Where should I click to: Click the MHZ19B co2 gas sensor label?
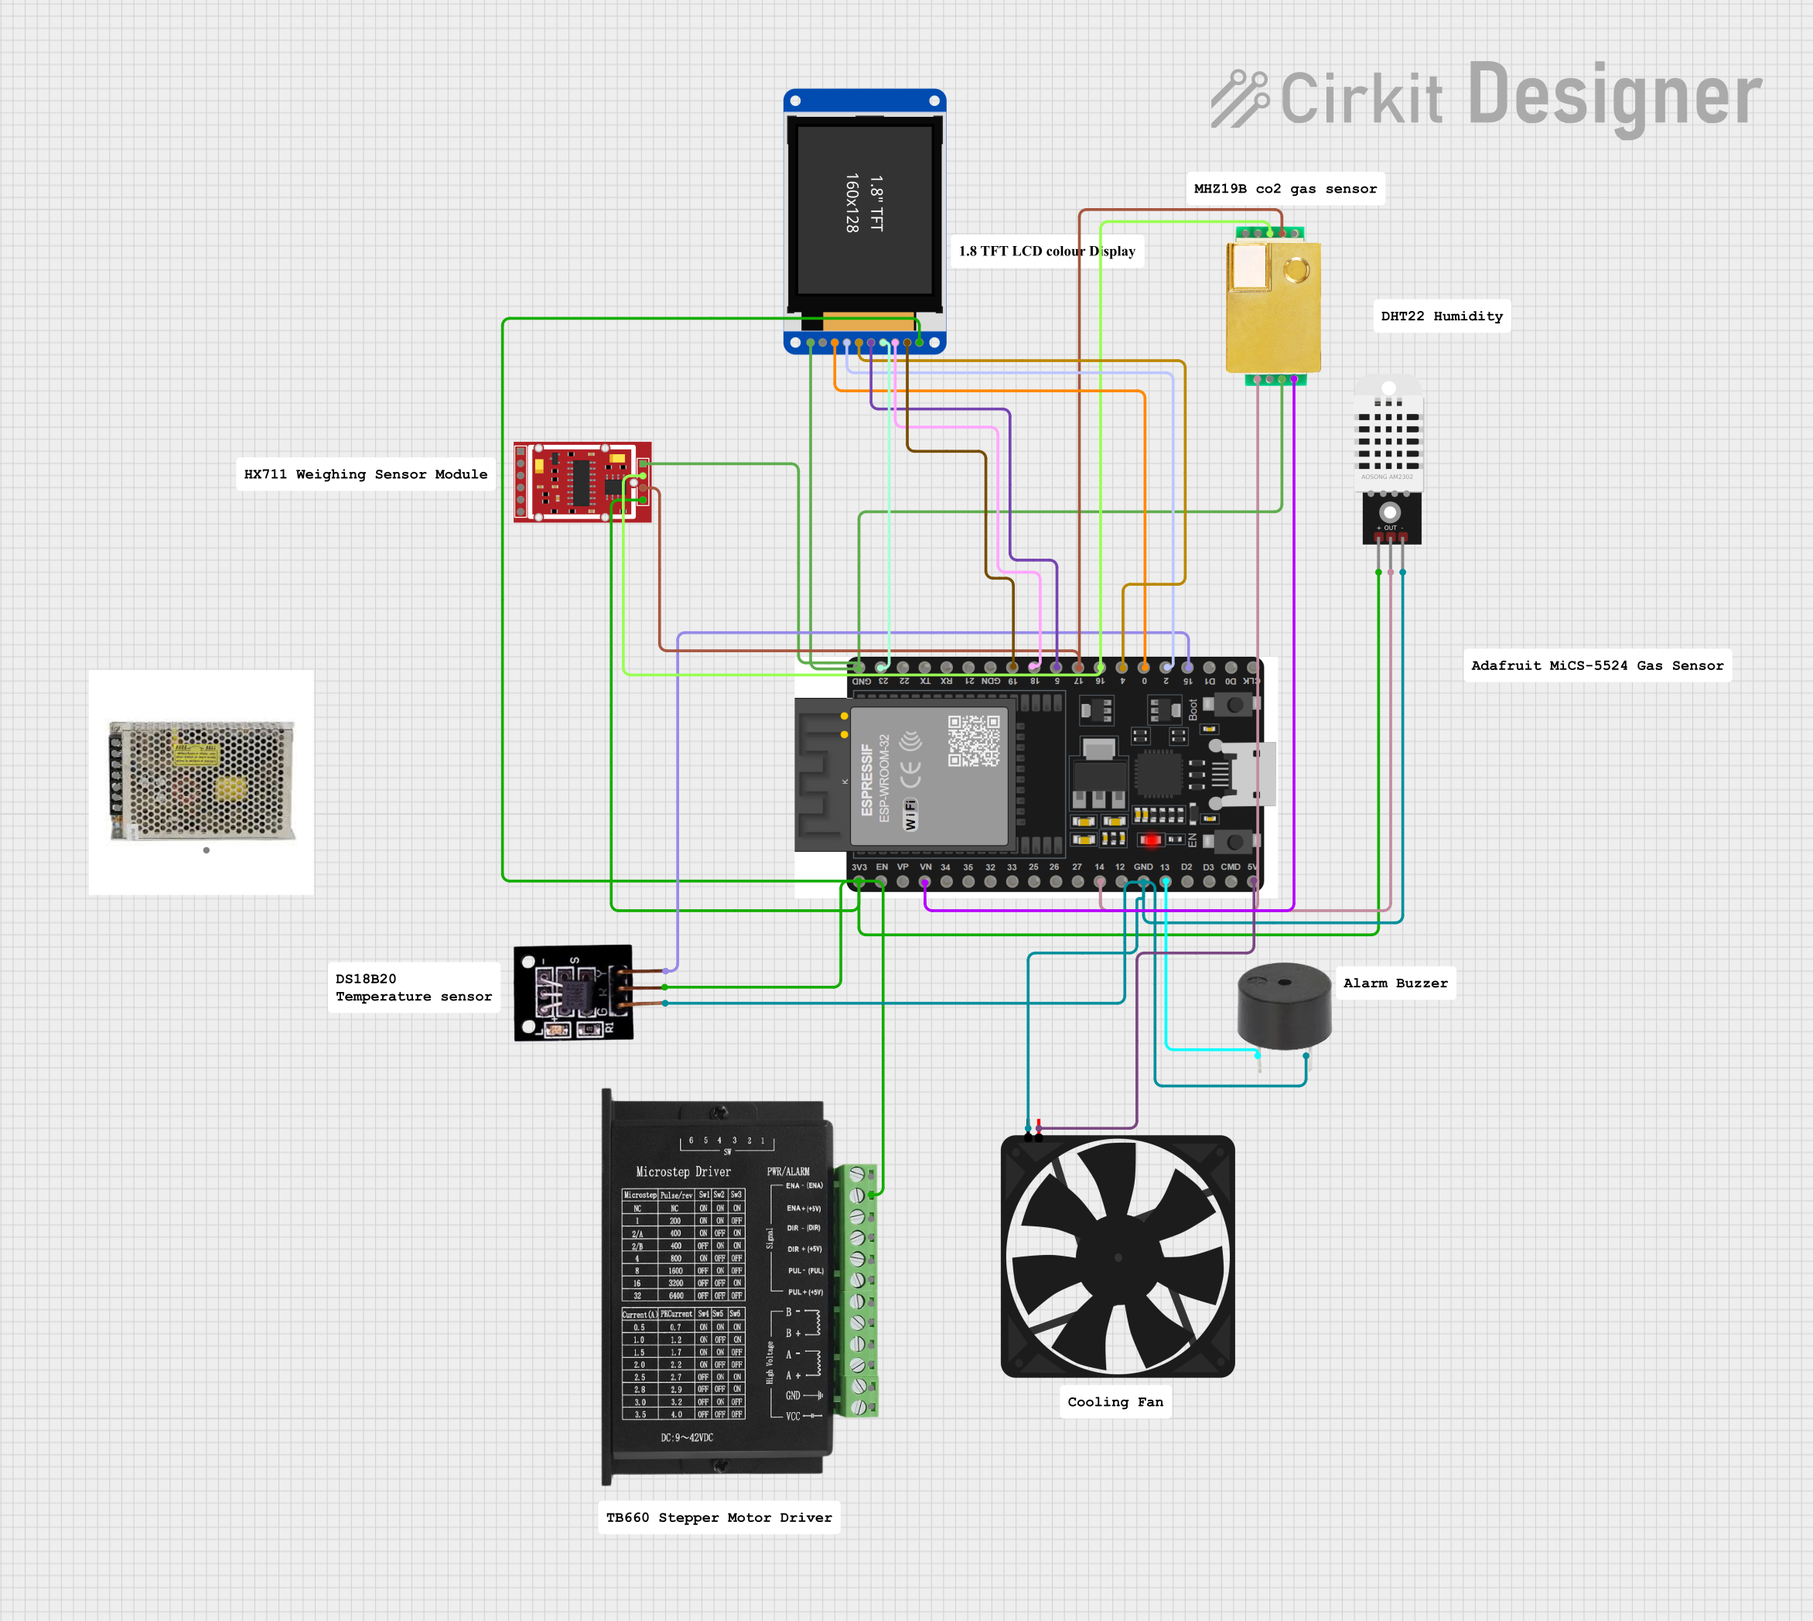tap(1284, 189)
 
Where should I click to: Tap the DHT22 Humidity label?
tap(1441, 316)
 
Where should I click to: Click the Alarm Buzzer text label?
tap(1395, 983)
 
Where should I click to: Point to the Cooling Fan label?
tap(1115, 1402)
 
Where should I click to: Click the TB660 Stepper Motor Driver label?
tap(719, 1517)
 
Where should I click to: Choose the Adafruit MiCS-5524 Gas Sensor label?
tap(1596, 665)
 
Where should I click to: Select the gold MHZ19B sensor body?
tap(1272, 307)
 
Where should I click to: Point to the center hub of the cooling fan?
tap(1118, 1257)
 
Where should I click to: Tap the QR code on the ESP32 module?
tap(973, 741)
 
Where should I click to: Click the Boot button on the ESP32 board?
tap(1234, 706)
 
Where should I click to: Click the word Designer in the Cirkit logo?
tap(1613, 96)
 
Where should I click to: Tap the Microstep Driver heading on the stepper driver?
tap(683, 1172)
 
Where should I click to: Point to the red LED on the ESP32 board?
tap(1149, 840)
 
